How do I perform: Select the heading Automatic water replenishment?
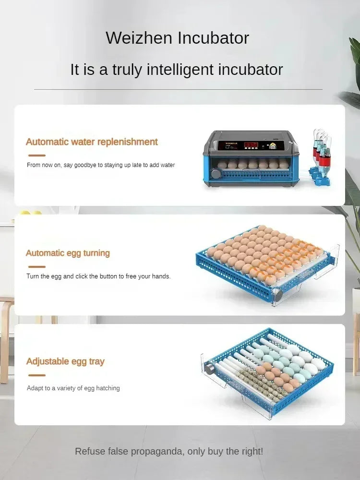(x=92, y=142)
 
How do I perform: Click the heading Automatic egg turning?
(x=68, y=253)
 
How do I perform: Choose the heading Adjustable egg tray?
(x=65, y=361)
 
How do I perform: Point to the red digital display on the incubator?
(x=251, y=144)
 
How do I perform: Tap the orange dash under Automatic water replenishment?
(x=36, y=156)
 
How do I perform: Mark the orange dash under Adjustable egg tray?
(x=36, y=375)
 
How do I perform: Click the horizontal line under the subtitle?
(x=178, y=89)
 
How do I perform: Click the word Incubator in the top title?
(x=214, y=37)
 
